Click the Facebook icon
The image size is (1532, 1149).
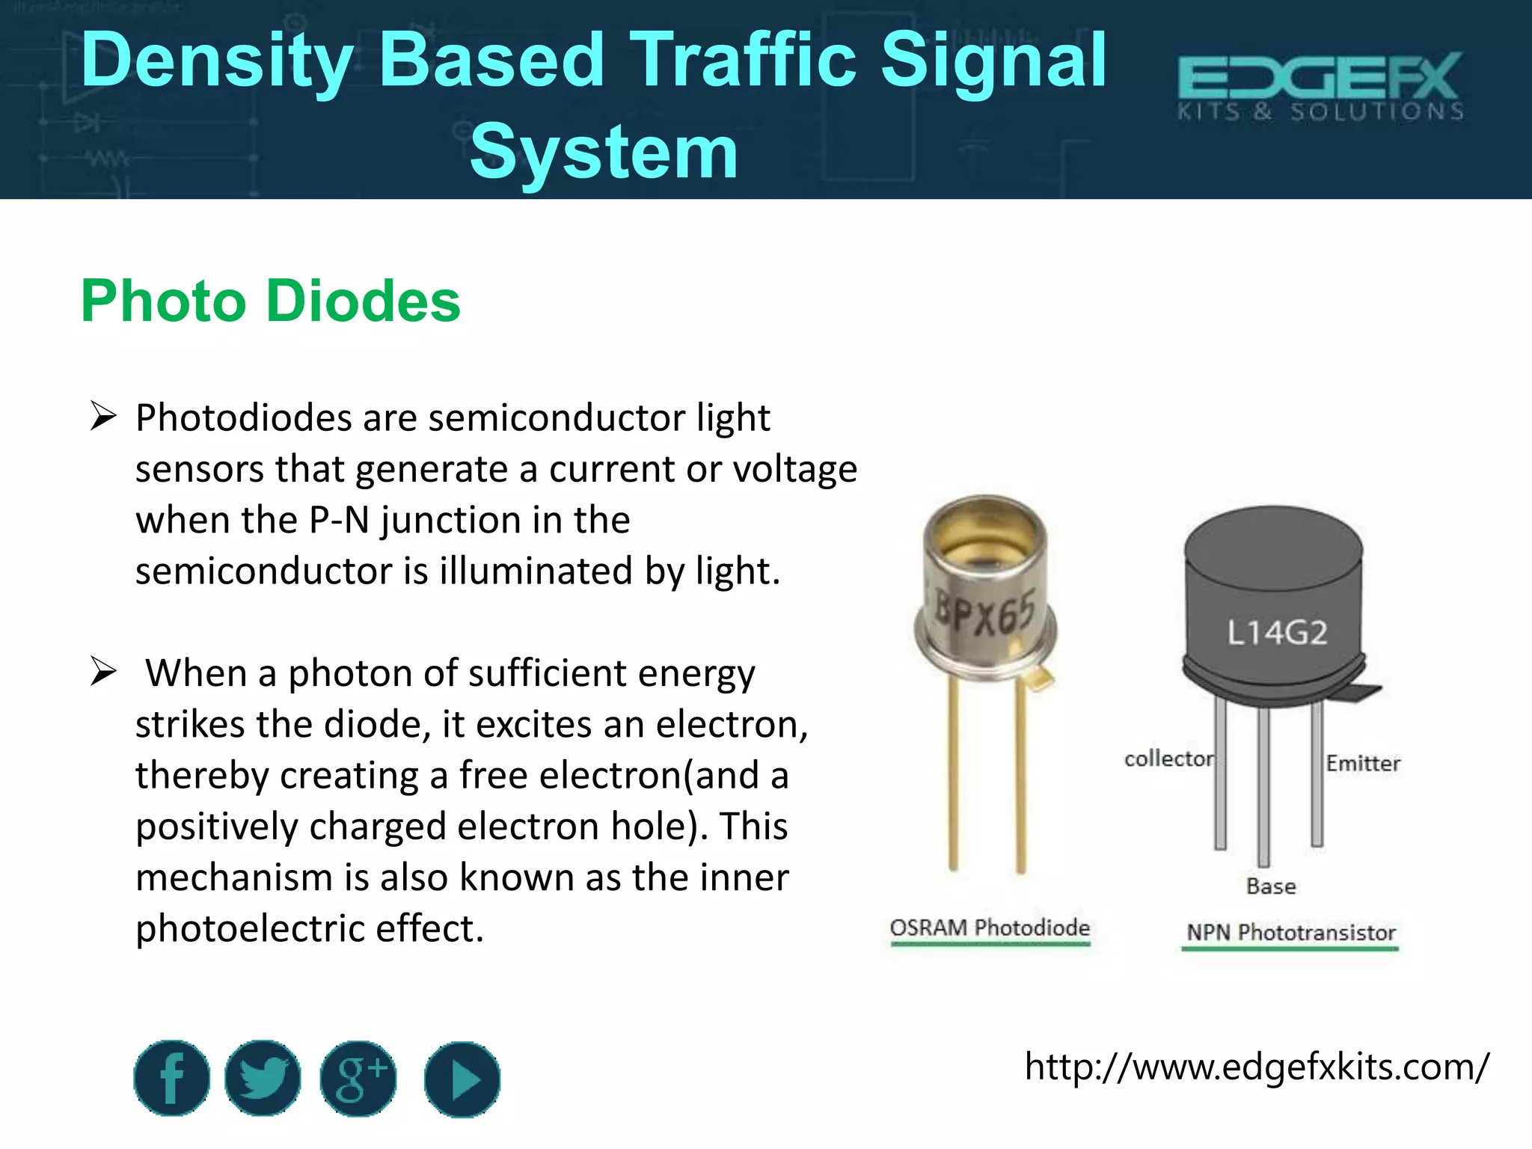[x=172, y=1078]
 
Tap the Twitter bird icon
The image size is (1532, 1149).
[x=263, y=1078]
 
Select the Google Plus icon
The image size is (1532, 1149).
[x=358, y=1079]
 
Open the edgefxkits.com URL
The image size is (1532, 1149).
[x=1257, y=1066]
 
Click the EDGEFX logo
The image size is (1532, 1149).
[x=1320, y=86]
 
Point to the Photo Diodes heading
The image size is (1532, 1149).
[x=271, y=301]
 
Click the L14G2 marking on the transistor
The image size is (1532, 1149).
[x=1277, y=633]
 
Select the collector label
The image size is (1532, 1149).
[x=1168, y=759]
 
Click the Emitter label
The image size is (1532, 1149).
[x=1363, y=763]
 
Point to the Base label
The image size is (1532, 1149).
[x=1271, y=886]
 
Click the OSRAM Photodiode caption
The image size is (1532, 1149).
[x=990, y=928]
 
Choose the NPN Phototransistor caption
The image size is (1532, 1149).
[x=1291, y=932]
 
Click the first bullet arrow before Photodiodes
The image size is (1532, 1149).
[x=103, y=416]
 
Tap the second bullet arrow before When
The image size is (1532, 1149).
[x=103, y=671]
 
